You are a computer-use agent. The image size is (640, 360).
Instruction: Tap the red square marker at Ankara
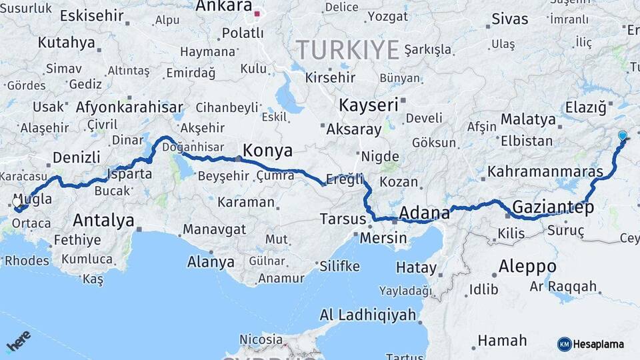(x=257, y=13)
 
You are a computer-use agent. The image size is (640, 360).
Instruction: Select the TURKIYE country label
(x=347, y=49)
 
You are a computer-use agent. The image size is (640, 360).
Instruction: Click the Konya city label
(x=268, y=150)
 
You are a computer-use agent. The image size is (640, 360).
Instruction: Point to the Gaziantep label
(x=553, y=207)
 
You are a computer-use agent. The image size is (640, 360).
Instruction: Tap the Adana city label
(x=424, y=213)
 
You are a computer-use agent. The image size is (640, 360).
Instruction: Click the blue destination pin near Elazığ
(x=623, y=136)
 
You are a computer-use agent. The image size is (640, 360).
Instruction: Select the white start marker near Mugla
(x=17, y=202)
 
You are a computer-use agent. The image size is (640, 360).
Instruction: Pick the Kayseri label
(x=368, y=105)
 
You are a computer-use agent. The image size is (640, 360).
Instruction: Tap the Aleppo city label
(x=527, y=266)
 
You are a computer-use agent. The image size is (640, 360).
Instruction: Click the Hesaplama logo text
(x=599, y=344)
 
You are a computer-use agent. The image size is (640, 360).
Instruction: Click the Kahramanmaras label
(x=545, y=171)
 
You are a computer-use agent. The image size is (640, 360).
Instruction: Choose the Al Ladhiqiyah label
(x=368, y=315)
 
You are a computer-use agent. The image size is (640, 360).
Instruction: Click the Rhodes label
(x=27, y=261)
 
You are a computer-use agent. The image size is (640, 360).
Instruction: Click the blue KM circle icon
(x=564, y=344)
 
